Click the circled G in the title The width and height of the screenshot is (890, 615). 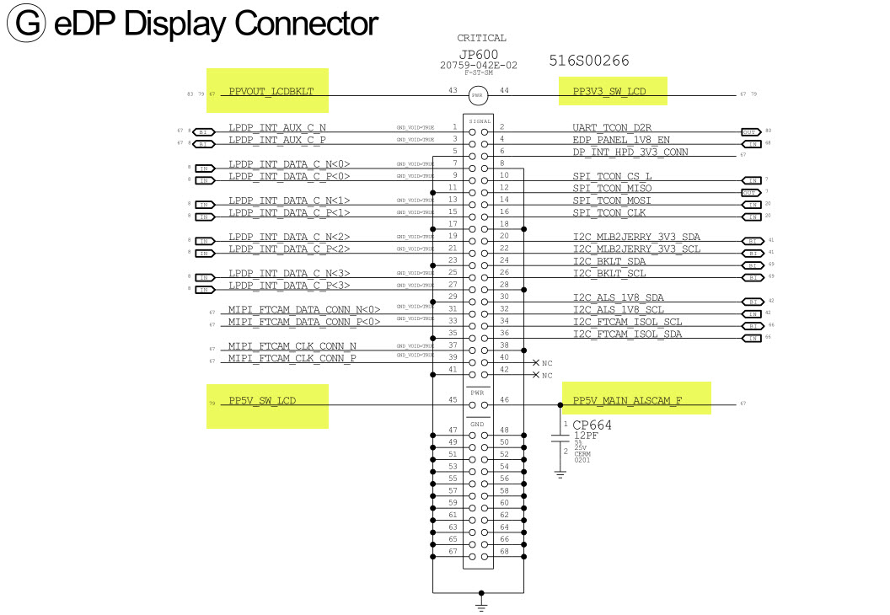point(26,23)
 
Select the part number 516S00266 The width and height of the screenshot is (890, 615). point(588,61)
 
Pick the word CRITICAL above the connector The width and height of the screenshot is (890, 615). point(481,37)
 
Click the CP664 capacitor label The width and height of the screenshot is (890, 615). point(592,425)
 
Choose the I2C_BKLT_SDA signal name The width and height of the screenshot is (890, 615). point(609,260)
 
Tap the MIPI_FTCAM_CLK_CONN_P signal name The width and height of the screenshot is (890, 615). point(292,358)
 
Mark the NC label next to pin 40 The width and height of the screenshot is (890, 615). point(547,362)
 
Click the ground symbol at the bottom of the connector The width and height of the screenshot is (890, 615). point(480,603)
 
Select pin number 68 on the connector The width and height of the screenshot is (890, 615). point(504,552)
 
